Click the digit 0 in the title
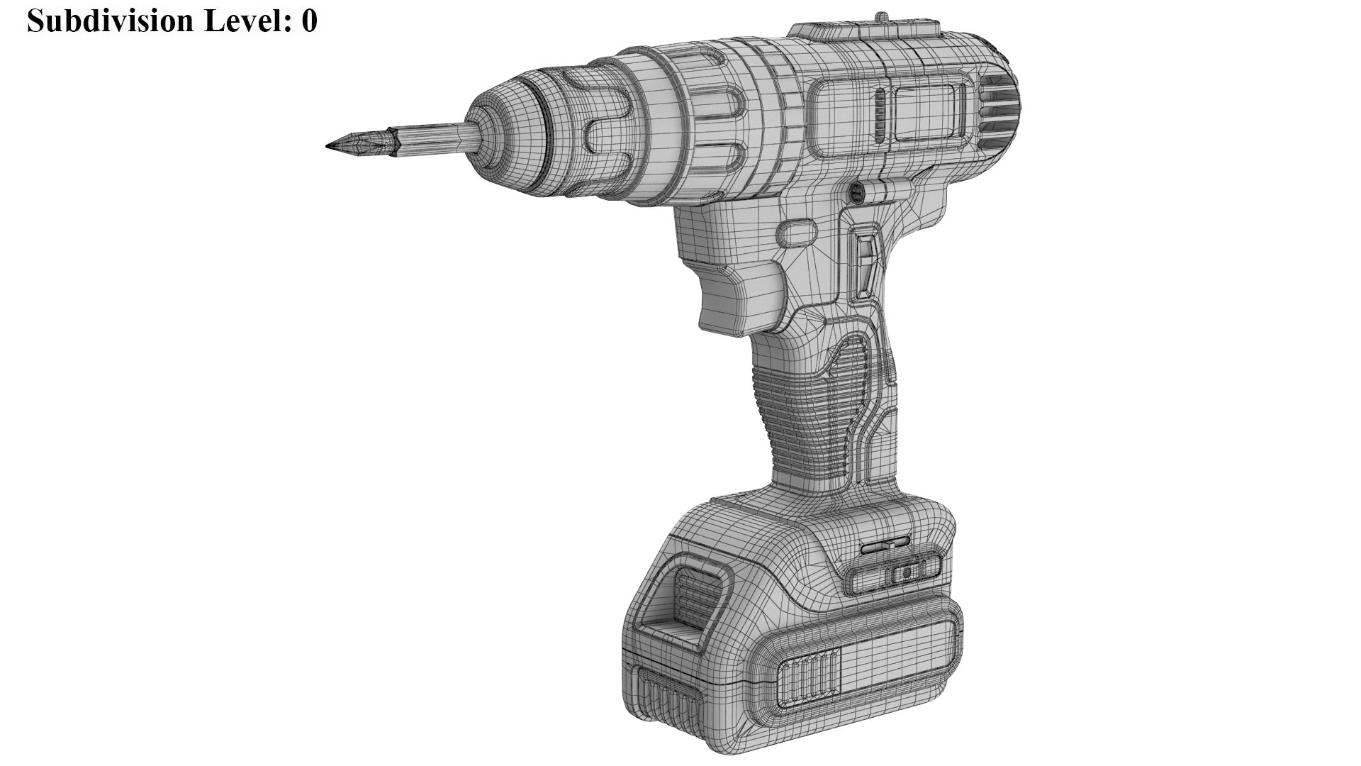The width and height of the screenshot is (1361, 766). pyautogui.click(x=308, y=21)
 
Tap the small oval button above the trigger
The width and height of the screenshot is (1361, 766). pyautogui.click(x=798, y=232)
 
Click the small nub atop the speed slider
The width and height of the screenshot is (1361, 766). pyautogui.click(x=881, y=16)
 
